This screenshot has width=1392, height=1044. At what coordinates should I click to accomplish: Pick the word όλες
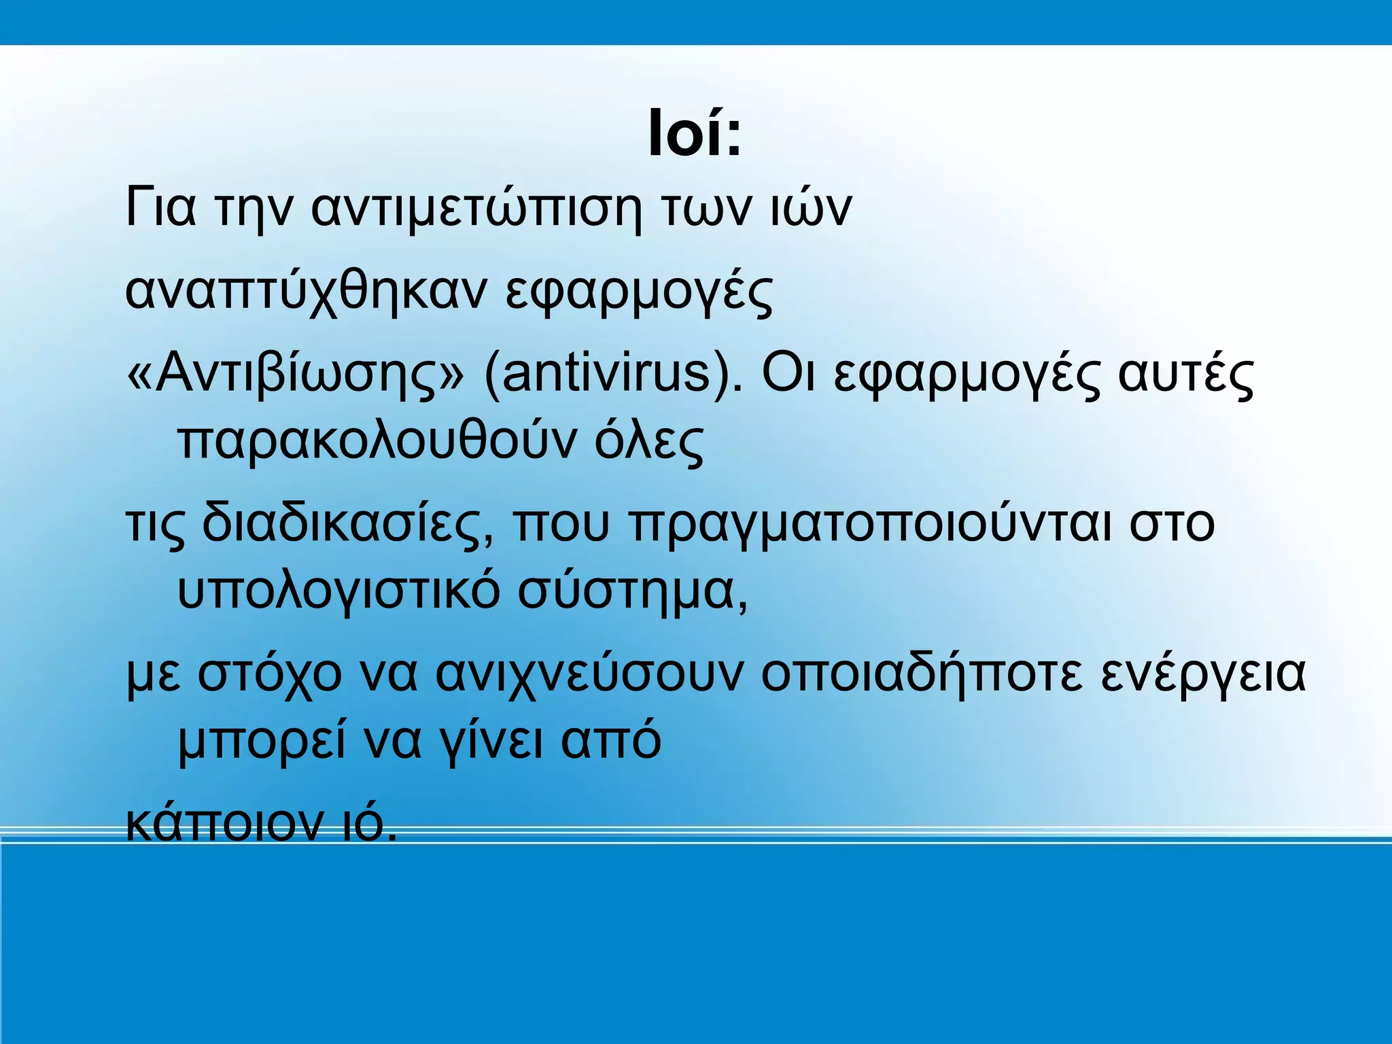point(649,442)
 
